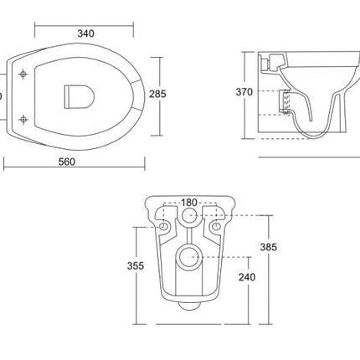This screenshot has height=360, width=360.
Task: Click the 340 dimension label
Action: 85,33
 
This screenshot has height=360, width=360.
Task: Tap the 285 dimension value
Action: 157,94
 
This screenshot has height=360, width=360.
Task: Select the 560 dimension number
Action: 67,162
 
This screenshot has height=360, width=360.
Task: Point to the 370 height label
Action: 244,92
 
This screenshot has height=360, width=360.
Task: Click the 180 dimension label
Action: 189,203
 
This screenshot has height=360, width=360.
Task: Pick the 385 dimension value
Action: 268,247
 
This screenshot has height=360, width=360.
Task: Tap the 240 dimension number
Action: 247,277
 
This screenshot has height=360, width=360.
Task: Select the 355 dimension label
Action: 136,265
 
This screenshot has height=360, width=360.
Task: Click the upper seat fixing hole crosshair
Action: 23,75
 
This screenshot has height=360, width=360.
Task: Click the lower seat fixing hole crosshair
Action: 23,120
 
